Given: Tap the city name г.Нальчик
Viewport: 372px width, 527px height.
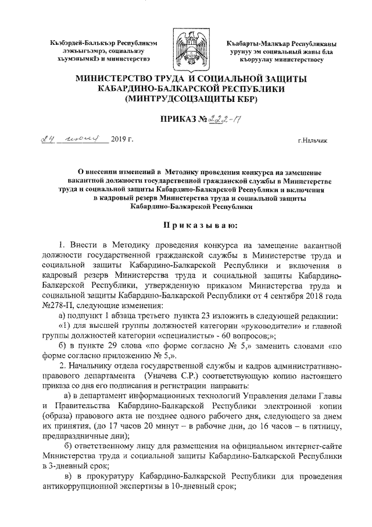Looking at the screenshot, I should click(x=313, y=141).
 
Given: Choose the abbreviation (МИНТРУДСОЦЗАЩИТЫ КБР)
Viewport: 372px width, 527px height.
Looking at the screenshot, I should click(x=186, y=99).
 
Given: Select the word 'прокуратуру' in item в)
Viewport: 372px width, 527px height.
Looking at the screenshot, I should click(x=100, y=477).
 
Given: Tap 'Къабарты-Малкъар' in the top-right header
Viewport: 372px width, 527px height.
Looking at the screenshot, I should click(x=260, y=43).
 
